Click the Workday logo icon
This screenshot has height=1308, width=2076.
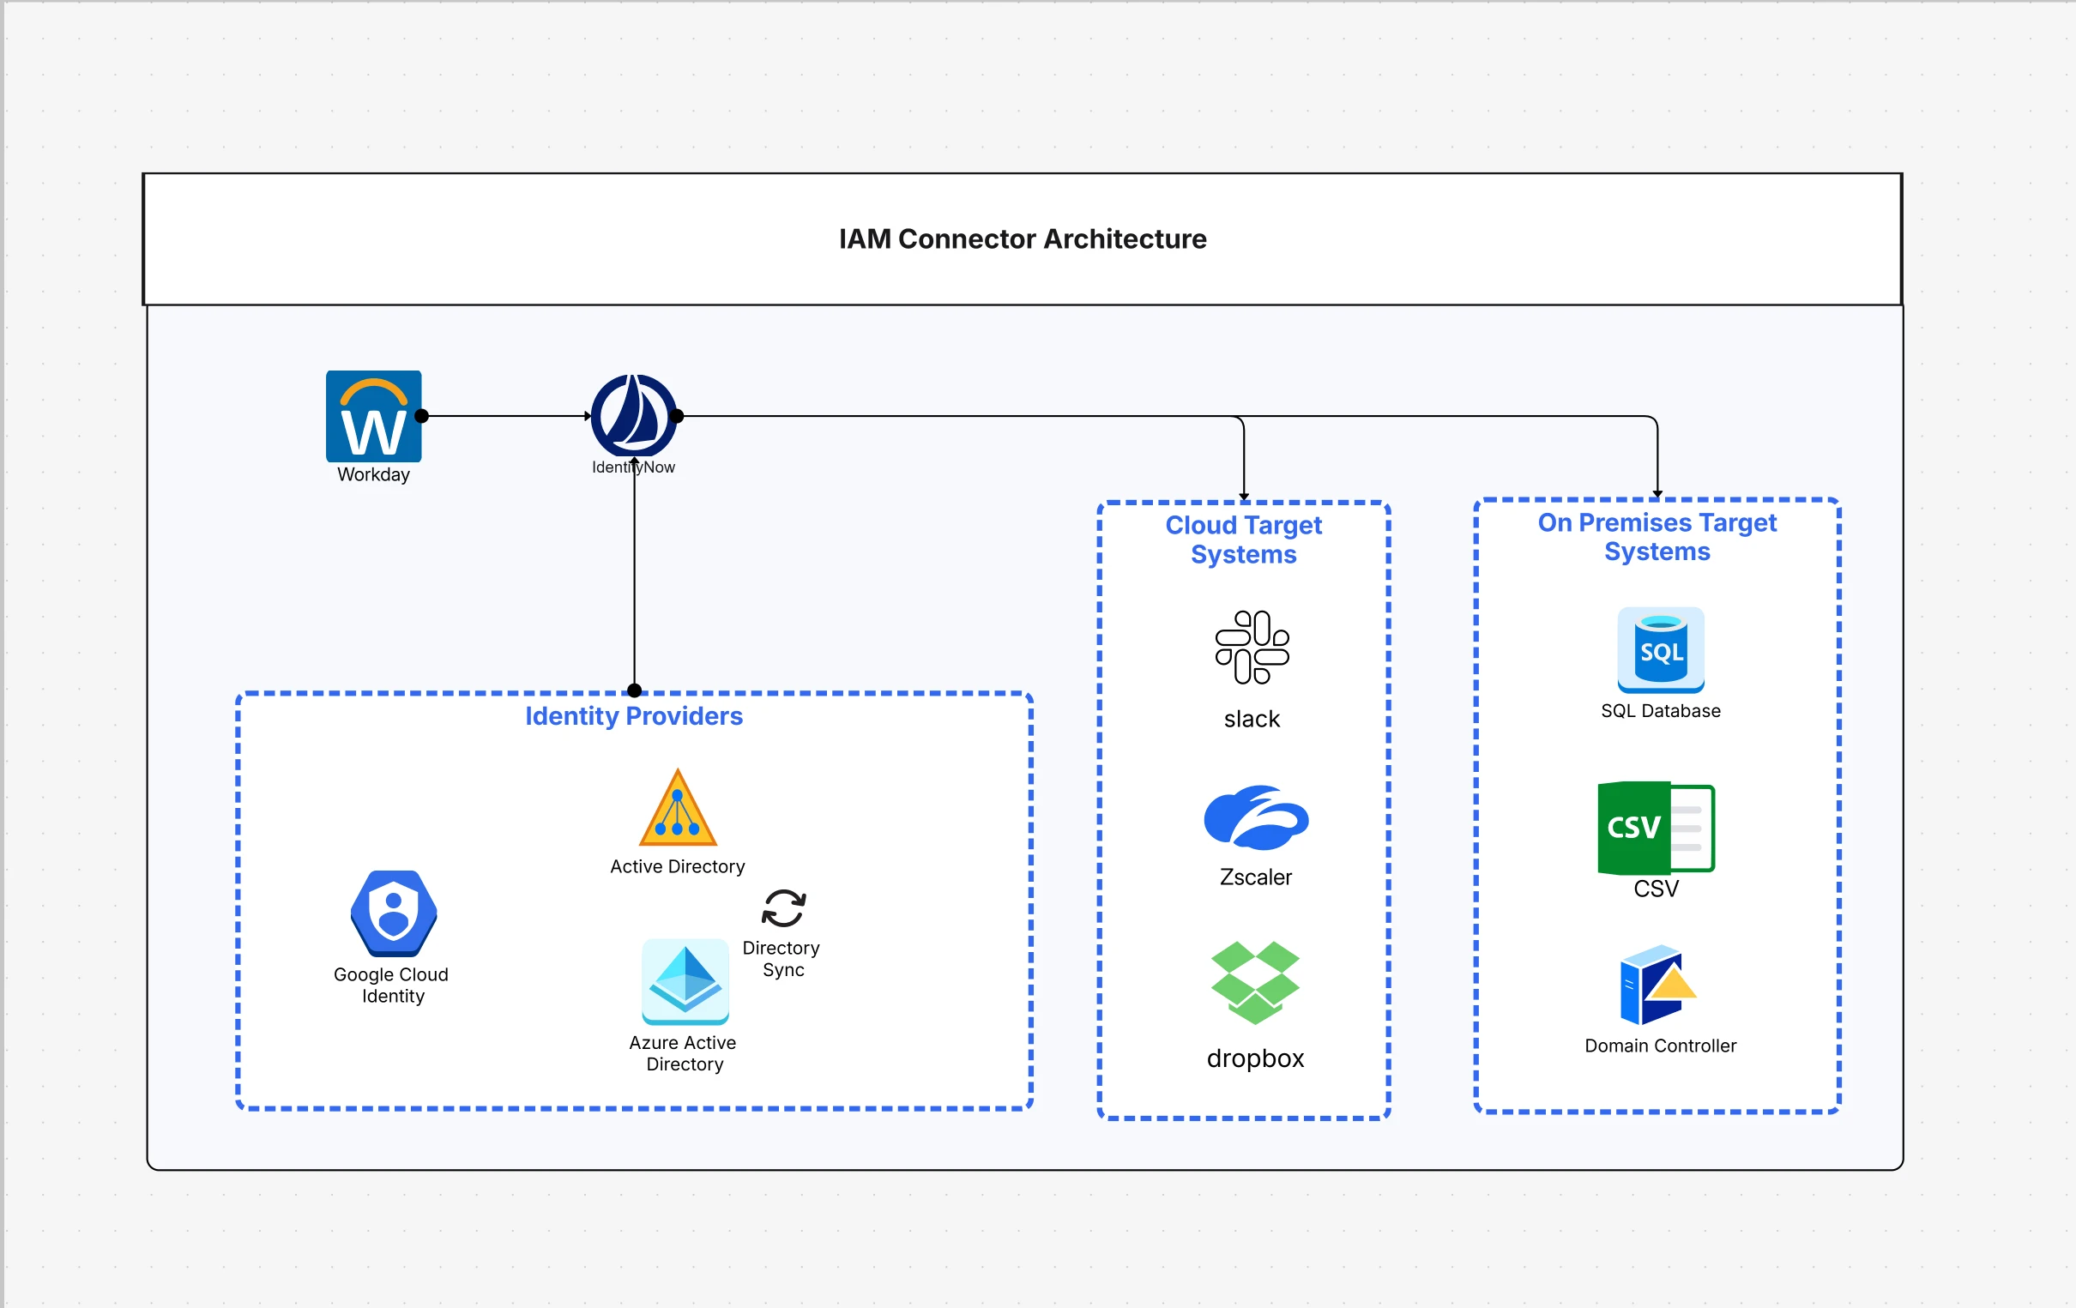pos(373,417)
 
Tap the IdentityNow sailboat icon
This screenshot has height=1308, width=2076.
pos(634,416)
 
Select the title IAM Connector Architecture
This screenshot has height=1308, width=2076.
pos(1023,238)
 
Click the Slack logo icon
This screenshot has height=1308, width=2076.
pos(1252,648)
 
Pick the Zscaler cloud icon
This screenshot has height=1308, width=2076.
pos(1256,817)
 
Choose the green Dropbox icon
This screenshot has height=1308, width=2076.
pos(1255,983)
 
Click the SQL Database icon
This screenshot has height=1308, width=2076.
pos(1661,650)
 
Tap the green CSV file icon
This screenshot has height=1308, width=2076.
pos(1656,829)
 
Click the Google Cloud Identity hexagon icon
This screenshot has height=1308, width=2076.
pos(394,913)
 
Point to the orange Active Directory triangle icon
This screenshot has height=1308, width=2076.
pos(678,809)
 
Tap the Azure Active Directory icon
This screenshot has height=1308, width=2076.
pos(685,981)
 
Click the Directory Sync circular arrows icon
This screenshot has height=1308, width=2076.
pos(784,908)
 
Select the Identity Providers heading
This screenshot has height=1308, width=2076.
pos(634,716)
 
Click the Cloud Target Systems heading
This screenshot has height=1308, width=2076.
pos(1243,539)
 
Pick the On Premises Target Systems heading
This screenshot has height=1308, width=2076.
pos(1657,536)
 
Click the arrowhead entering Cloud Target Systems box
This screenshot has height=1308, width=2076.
pos(1243,497)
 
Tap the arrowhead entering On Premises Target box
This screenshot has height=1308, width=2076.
pos(1657,494)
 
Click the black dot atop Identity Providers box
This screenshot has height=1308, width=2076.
pos(635,690)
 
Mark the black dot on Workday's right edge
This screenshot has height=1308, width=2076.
pos(421,416)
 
